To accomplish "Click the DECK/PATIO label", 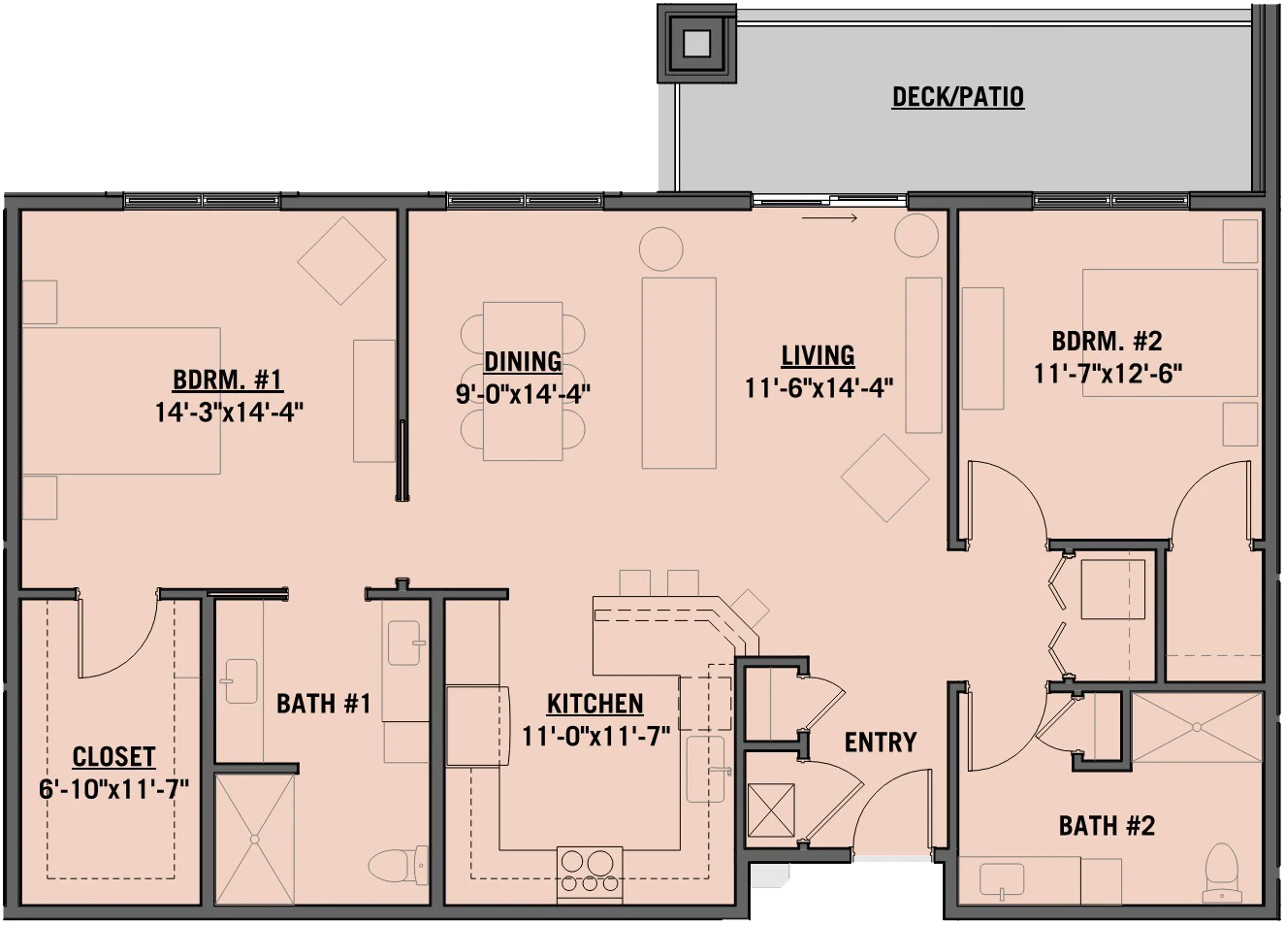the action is click(x=958, y=97).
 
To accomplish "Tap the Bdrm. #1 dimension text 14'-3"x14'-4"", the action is click(x=229, y=413).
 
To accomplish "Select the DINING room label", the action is click(x=523, y=362).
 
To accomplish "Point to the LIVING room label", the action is click(x=819, y=355).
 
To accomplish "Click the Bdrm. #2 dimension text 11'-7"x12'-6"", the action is click(x=1108, y=374).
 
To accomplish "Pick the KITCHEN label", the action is click(x=594, y=704).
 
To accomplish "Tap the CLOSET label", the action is click(x=113, y=757).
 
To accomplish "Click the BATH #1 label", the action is click(x=324, y=704).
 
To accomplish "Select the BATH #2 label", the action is click(x=1107, y=826).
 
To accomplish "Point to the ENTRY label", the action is click(x=881, y=743).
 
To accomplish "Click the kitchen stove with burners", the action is click(x=589, y=875).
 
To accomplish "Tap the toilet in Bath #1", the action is click(x=399, y=865).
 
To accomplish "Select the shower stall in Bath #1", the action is click(x=255, y=839).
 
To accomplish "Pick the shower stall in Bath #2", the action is click(x=1197, y=728).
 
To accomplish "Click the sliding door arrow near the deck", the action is click(x=829, y=218).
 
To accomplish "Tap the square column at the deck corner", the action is click(x=696, y=43).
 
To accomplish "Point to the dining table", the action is click(x=523, y=381).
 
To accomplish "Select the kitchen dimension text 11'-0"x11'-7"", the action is click(x=596, y=736).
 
